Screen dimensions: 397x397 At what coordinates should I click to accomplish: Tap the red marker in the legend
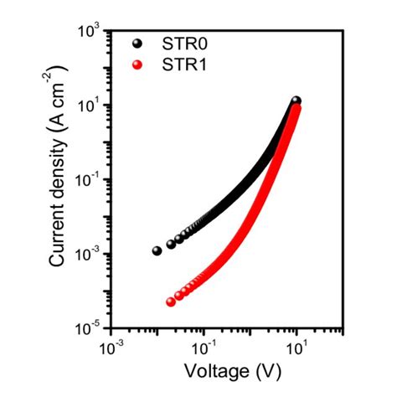[x=138, y=64]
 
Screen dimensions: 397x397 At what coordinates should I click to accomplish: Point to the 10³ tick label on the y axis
[x=90, y=31]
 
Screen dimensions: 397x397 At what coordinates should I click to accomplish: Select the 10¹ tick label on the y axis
[x=90, y=106]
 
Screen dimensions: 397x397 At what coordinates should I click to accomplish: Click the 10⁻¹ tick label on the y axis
[x=89, y=179]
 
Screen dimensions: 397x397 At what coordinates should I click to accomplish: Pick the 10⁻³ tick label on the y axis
[x=89, y=254]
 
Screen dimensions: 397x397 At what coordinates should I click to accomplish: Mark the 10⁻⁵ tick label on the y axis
[x=89, y=327]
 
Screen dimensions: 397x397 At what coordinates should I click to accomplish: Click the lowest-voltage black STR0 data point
[x=157, y=250]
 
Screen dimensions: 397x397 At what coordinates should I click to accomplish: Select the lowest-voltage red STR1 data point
[x=171, y=302]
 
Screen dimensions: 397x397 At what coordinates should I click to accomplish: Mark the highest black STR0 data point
[x=296, y=101]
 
